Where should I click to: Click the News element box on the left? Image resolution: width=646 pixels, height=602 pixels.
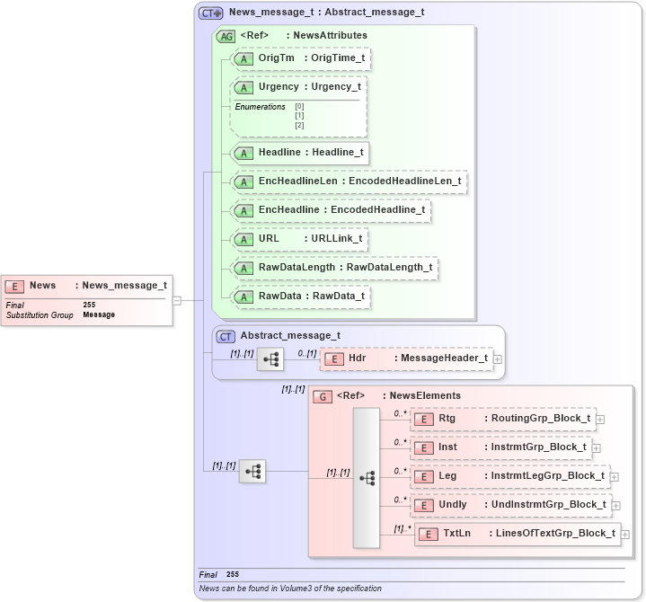click(x=86, y=286)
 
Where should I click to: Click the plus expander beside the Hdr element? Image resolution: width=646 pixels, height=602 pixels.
click(x=498, y=359)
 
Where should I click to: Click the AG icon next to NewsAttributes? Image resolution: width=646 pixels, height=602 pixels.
click(x=226, y=36)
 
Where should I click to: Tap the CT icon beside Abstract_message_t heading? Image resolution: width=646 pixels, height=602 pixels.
click(x=226, y=337)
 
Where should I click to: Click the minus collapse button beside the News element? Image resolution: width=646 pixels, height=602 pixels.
click(x=177, y=300)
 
